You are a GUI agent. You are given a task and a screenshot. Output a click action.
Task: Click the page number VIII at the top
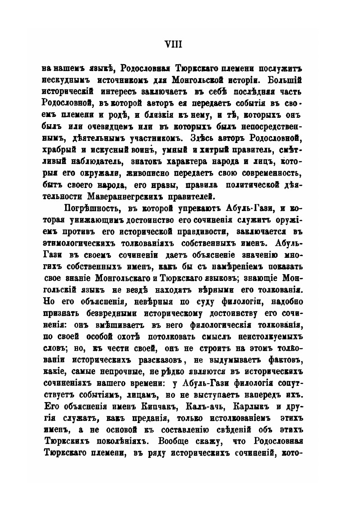pos(180,44)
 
